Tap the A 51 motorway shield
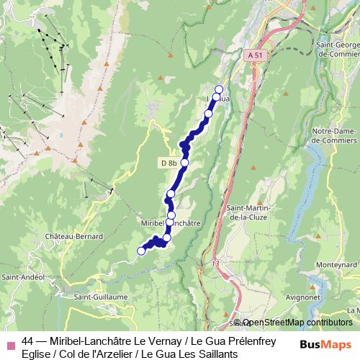tap(253, 55)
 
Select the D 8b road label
tap(168, 163)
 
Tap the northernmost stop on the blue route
tap(219, 90)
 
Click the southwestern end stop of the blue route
tap(142, 251)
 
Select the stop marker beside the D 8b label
tap(184, 163)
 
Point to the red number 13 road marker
tap(215, 264)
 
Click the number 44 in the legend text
tap(28, 341)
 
